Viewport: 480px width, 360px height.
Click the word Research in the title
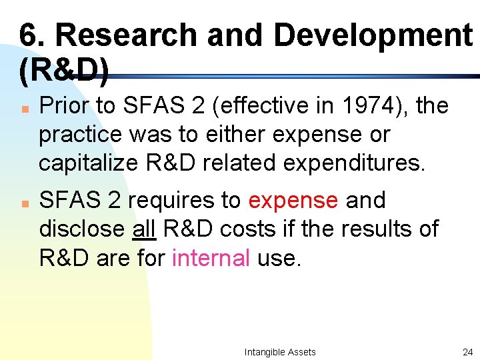click(x=135, y=35)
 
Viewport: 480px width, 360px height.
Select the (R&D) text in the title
click(x=64, y=71)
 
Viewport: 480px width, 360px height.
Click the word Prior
click(x=67, y=105)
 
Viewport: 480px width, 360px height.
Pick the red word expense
click(x=293, y=200)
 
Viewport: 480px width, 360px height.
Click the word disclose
click(x=83, y=229)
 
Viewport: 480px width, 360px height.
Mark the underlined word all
click(x=144, y=229)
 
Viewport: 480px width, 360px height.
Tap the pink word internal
click(x=211, y=257)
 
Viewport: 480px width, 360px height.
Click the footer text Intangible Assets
click(x=280, y=352)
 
